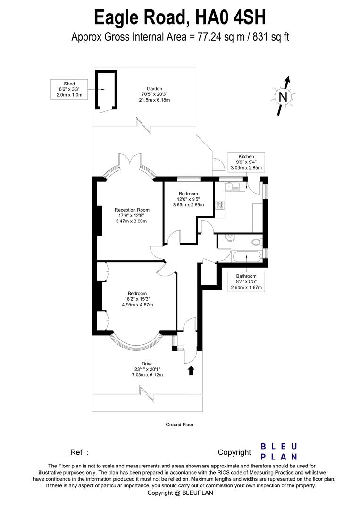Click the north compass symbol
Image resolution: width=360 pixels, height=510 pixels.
[x=283, y=96]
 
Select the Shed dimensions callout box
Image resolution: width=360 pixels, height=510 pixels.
[x=69, y=89]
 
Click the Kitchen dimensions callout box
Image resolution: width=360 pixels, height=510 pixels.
[x=246, y=162]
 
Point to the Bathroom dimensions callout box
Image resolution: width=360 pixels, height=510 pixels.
[x=246, y=282]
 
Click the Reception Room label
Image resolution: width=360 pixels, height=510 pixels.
[x=132, y=215]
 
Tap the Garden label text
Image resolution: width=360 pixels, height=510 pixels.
[x=154, y=94]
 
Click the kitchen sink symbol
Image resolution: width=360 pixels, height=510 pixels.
[x=233, y=187]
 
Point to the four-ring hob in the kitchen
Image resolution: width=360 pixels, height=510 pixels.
[x=220, y=205]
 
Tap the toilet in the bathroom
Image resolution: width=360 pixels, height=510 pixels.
[x=257, y=242]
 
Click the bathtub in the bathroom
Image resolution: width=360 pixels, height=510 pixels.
[x=246, y=256]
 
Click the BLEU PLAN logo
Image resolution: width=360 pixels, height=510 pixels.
[x=279, y=451]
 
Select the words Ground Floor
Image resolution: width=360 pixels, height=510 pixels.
[x=179, y=425]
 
